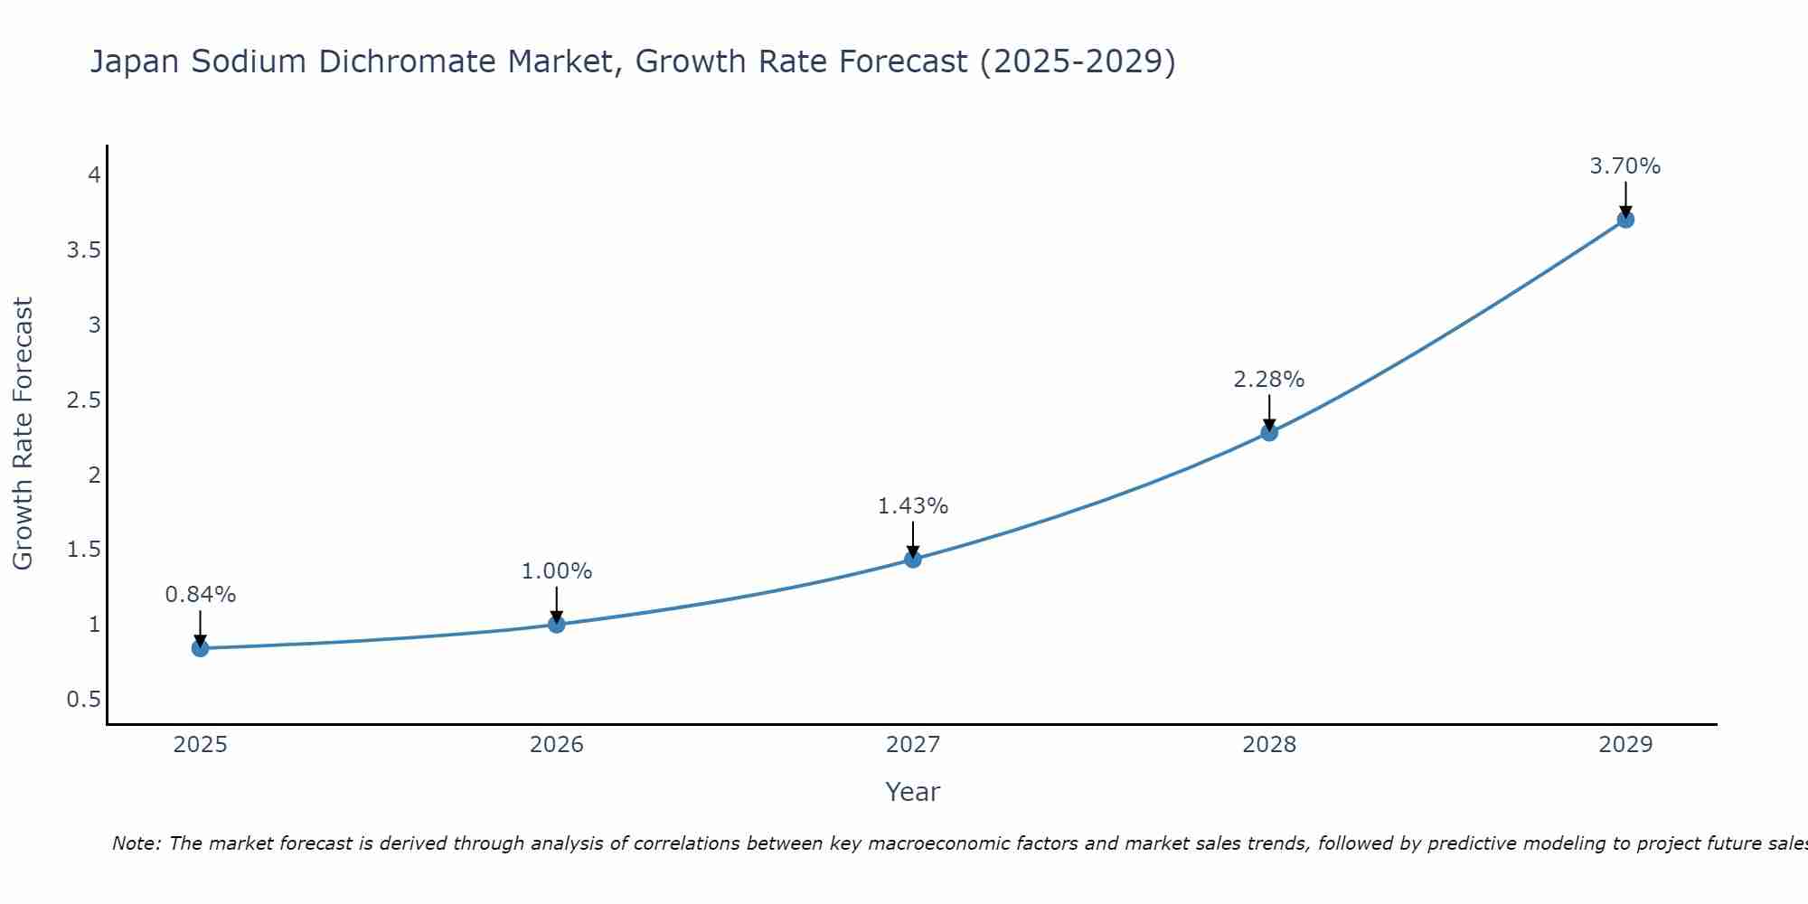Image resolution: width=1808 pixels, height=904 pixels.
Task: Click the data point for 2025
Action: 201,648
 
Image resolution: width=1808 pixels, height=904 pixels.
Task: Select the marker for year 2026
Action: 557,624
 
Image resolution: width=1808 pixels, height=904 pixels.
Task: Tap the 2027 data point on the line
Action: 913,560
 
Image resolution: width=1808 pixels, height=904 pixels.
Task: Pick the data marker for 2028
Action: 1269,432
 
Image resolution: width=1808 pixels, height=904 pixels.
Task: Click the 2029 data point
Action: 1625,220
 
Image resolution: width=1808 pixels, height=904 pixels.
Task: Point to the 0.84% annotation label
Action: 201,595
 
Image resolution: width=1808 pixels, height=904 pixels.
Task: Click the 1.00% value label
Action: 557,571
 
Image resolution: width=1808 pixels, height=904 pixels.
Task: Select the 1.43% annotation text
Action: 913,506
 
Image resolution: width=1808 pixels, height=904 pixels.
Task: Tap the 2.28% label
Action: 1269,380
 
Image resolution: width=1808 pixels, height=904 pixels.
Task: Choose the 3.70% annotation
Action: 1625,166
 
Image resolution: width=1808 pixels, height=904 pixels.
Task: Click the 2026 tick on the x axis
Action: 557,745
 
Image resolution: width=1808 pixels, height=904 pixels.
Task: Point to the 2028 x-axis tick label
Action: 1269,745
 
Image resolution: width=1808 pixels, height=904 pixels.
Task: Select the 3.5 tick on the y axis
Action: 83,250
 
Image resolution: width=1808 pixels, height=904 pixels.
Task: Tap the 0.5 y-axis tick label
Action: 83,700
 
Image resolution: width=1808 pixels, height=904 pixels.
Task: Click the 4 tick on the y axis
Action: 94,175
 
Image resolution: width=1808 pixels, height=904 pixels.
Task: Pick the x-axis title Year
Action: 913,792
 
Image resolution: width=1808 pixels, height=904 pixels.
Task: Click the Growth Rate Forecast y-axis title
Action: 24,433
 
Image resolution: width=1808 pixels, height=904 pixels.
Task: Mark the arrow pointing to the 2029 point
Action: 1625,197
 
